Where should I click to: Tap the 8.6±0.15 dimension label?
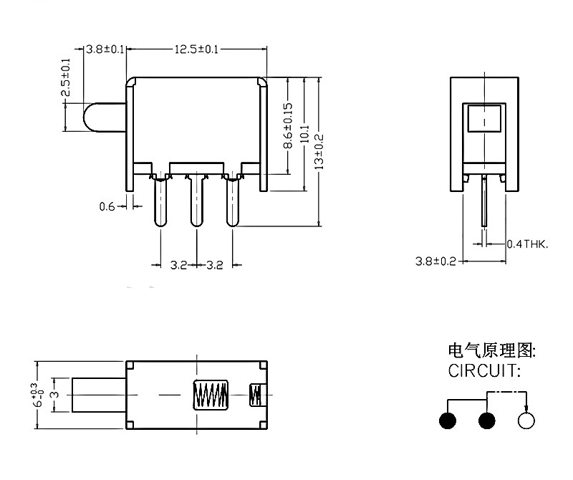click(x=288, y=126)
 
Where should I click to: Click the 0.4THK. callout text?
click(x=527, y=244)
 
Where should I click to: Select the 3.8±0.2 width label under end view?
click(x=435, y=261)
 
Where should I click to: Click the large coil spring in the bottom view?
click(x=211, y=395)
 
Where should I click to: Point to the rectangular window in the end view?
click(x=484, y=118)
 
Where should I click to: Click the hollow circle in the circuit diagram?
click(x=526, y=421)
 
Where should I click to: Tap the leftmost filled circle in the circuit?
click(x=448, y=421)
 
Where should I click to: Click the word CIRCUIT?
click(x=484, y=371)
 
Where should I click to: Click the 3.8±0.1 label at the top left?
click(x=105, y=49)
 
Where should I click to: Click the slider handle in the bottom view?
click(x=97, y=395)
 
